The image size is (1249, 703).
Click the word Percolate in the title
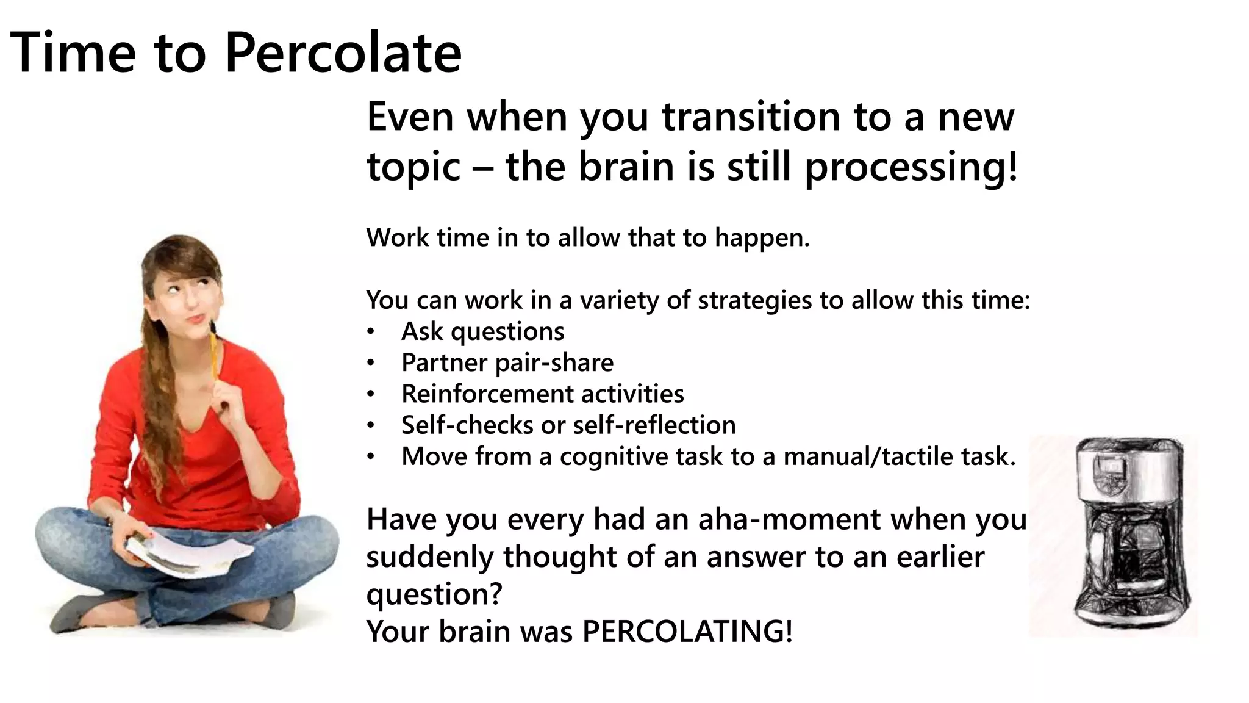tap(343, 53)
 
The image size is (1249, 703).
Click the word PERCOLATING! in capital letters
tap(687, 631)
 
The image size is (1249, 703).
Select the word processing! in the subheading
tap(911, 167)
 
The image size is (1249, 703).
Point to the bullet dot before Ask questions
tap(370, 333)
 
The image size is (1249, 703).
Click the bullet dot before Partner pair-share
tap(370, 364)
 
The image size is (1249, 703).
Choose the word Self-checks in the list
tap(467, 425)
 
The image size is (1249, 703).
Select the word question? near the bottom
tap(434, 594)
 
